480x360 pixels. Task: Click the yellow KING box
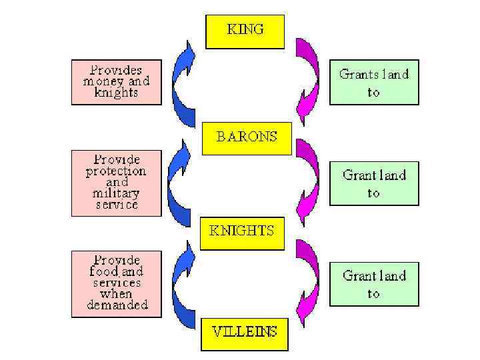(245, 31)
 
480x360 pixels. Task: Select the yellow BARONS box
(246, 138)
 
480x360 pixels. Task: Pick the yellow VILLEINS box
(245, 332)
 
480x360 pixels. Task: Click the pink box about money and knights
(117, 82)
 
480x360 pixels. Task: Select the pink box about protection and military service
(117, 183)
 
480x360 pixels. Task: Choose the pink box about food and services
(117, 283)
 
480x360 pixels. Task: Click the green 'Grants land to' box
(373, 83)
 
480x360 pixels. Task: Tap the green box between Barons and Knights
(373, 183)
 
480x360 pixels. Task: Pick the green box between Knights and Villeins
(373, 284)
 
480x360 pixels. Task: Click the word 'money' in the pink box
(101, 81)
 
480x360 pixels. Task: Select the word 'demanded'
(117, 305)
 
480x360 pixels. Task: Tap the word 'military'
(117, 193)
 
